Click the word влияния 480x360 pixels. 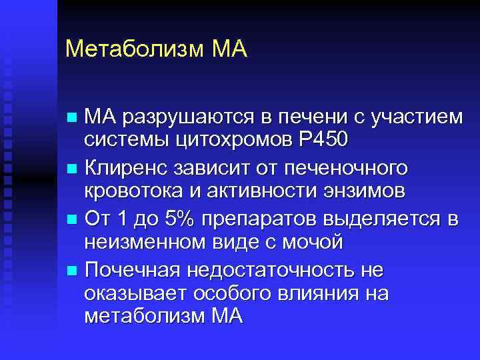319,294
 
